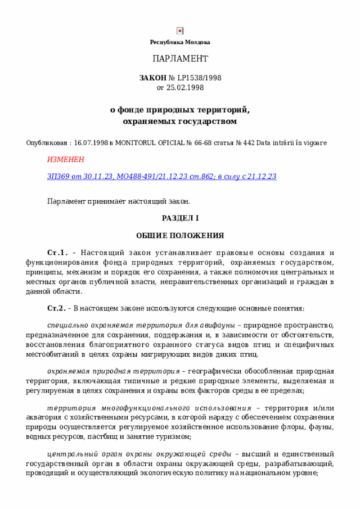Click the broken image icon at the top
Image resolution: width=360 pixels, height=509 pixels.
tap(180, 31)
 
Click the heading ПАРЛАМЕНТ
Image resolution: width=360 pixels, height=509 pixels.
tap(180, 59)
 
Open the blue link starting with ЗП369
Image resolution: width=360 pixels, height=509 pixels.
tap(161, 176)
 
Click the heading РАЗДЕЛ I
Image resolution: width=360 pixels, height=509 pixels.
tap(180, 218)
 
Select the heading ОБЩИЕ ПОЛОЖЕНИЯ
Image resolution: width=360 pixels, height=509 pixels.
tap(180, 235)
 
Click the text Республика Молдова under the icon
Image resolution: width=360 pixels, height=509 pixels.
tap(180, 42)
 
